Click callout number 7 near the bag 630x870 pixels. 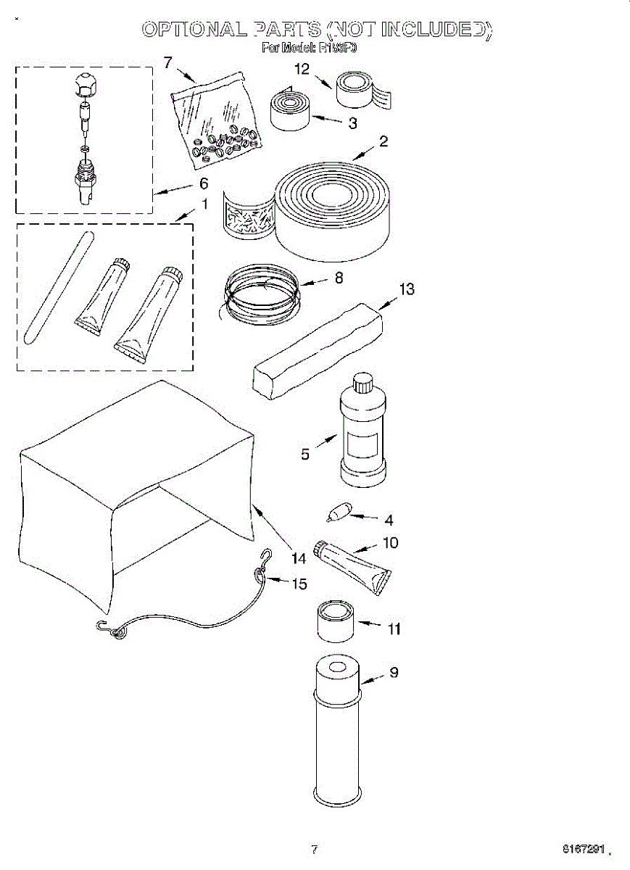click(168, 62)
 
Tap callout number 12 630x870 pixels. click(302, 70)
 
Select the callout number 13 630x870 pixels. click(407, 290)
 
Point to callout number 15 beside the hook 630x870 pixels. click(299, 584)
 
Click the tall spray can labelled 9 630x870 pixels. click(337, 732)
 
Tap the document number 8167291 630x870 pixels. click(584, 848)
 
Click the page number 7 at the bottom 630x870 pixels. click(314, 849)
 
